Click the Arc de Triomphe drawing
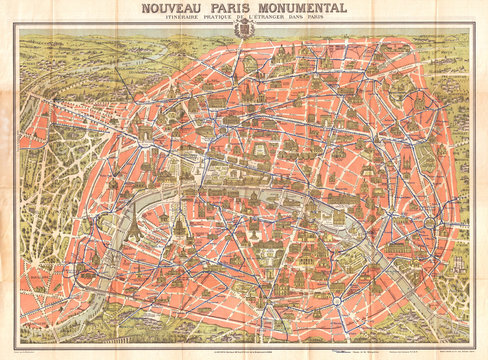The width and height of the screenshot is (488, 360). coord(127,138)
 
